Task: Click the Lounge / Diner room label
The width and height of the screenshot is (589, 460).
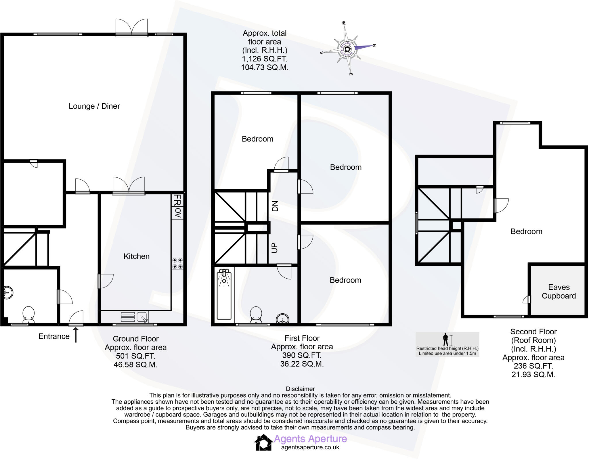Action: (x=94, y=106)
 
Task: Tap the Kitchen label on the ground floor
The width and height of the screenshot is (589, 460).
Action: (x=136, y=256)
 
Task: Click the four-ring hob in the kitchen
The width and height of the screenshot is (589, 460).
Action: (x=177, y=263)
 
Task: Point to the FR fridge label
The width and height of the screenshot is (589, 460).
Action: (x=177, y=200)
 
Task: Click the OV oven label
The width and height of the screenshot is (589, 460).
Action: (x=177, y=213)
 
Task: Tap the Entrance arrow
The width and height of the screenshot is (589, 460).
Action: (x=76, y=336)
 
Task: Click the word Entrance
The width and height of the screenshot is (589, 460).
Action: (x=54, y=336)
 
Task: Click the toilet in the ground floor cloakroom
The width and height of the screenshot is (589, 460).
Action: (x=28, y=315)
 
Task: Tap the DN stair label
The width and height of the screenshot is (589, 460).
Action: (x=275, y=206)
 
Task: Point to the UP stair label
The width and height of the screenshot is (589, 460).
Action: (x=275, y=248)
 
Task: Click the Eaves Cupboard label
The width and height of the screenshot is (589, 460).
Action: (x=559, y=292)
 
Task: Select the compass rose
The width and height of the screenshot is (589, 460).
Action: (x=347, y=49)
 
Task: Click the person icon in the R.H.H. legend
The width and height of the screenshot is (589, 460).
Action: (x=446, y=340)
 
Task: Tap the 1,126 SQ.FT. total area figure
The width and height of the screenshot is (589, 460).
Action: (x=265, y=59)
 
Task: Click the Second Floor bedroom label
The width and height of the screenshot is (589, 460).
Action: (x=526, y=231)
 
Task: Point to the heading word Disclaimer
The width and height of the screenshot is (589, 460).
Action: (x=300, y=389)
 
